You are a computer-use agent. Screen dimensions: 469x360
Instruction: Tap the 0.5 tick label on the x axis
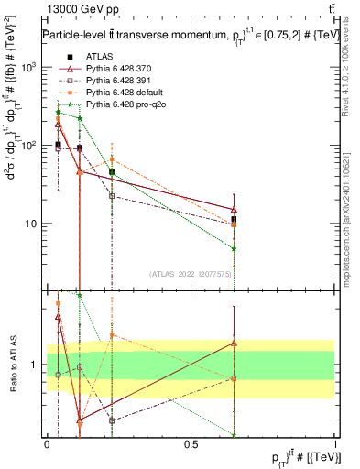point(191,443)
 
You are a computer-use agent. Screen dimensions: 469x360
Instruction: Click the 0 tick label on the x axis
point(47,443)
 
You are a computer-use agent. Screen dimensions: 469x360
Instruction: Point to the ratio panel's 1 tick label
point(38,365)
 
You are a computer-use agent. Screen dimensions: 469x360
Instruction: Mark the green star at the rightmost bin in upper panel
point(235,248)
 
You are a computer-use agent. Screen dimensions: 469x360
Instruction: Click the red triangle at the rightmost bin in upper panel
point(235,210)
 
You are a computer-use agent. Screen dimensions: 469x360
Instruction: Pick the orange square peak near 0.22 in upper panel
point(112,133)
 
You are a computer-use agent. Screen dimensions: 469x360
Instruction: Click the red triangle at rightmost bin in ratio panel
point(235,343)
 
